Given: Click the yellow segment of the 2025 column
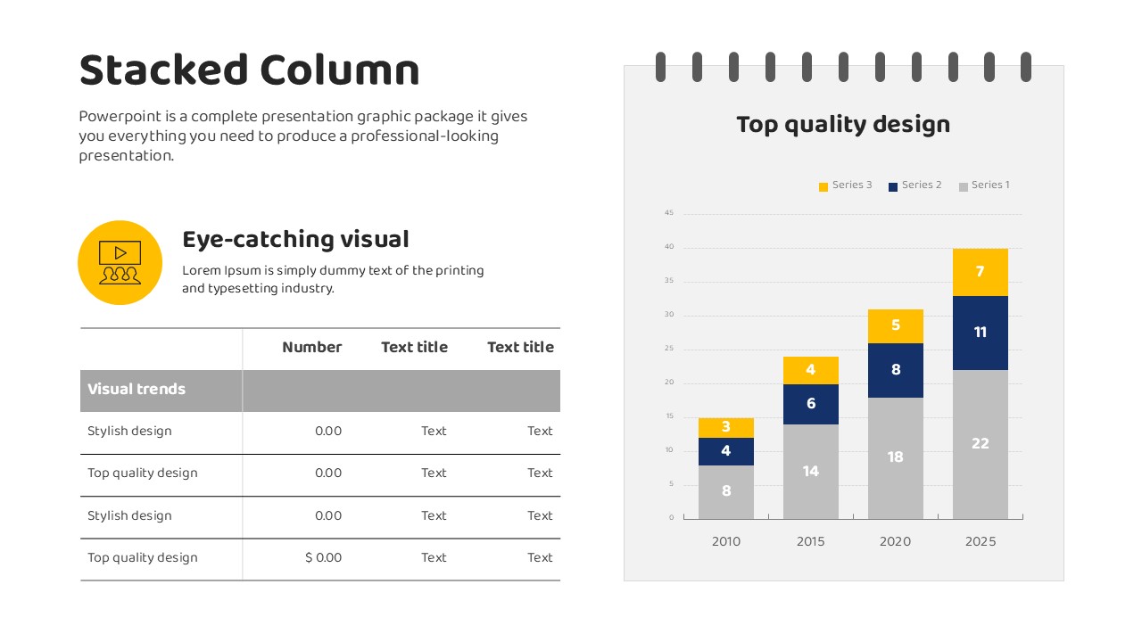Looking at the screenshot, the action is [980, 272].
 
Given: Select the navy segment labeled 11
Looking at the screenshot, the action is [980, 333].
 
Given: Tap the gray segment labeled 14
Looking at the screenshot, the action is [811, 472].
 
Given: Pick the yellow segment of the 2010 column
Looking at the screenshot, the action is [726, 428].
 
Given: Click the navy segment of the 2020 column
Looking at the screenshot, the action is [895, 370].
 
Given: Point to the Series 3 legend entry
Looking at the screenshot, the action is [845, 185].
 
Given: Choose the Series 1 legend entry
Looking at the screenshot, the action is [984, 185].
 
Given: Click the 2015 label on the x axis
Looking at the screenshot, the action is [811, 541].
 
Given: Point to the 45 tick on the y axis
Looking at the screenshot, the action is [669, 212].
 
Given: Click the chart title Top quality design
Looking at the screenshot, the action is [843, 125].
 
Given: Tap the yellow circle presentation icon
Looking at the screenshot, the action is [120, 262].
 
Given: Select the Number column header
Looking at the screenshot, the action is [312, 347].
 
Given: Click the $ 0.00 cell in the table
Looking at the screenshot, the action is [323, 557].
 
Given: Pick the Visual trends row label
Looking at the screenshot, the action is [137, 390].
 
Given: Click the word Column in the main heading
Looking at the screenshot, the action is [340, 70].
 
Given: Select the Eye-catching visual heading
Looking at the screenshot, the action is [295, 240].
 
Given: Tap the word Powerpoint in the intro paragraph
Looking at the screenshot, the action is [120, 117].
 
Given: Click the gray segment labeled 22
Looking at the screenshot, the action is [980, 444].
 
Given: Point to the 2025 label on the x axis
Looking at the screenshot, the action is [980, 541].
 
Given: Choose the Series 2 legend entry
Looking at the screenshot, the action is [915, 185].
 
